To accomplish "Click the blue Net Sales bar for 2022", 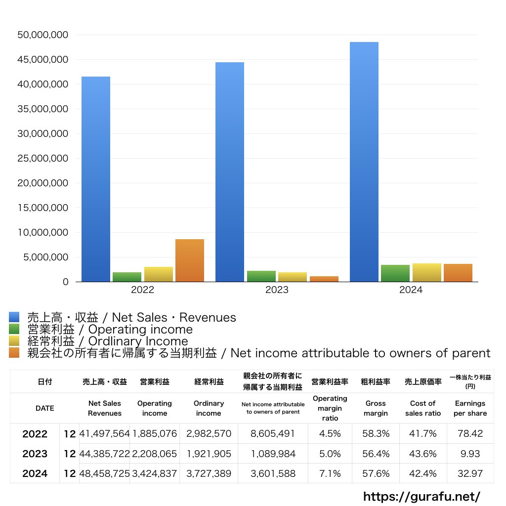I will point(96,179).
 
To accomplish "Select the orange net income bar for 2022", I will point(190,260).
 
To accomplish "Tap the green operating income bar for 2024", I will point(395,273).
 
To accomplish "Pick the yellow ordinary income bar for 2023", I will point(293,277).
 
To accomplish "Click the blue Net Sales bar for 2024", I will point(364,162).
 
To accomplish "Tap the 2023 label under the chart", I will point(277,290).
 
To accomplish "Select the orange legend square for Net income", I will point(14,353).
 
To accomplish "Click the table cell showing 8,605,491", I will point(272,434).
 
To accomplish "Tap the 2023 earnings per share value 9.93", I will point(470,454).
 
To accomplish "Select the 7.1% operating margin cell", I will point(330,473).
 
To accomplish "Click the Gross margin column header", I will point(376,408).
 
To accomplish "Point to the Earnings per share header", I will point(470,408).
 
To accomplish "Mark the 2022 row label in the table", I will point(35,434).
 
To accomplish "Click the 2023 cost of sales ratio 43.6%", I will point(422,454).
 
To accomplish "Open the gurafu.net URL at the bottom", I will point(422,496).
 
